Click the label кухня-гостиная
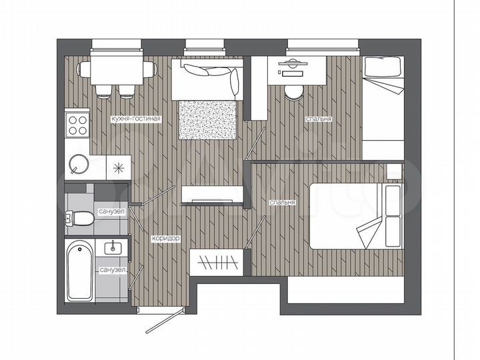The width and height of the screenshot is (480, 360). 136,119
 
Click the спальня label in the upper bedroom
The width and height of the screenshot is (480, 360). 318,119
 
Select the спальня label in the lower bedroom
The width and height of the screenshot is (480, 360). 282,202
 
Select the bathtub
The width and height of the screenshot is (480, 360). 79,272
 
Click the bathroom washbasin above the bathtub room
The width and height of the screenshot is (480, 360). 113,247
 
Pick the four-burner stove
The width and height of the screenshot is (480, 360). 78,124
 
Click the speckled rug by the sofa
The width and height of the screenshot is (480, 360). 208,120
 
